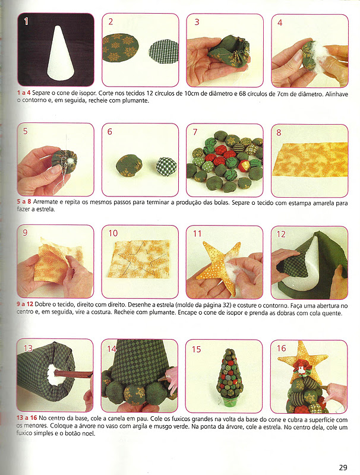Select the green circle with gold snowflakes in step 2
pyautogui.click(x=121, y=48)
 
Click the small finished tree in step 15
pyautogui.click(x=230, y=374)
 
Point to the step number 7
pyautogui.click(x=195, y=132)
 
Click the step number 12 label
pyautogui.click(x=281, y=234)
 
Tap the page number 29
pyautogui.click(x=343, y=467)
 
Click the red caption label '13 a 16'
pyautogui.click(x=27, y=418)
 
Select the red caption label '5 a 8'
pyautogui.click(x=24, y=202)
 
